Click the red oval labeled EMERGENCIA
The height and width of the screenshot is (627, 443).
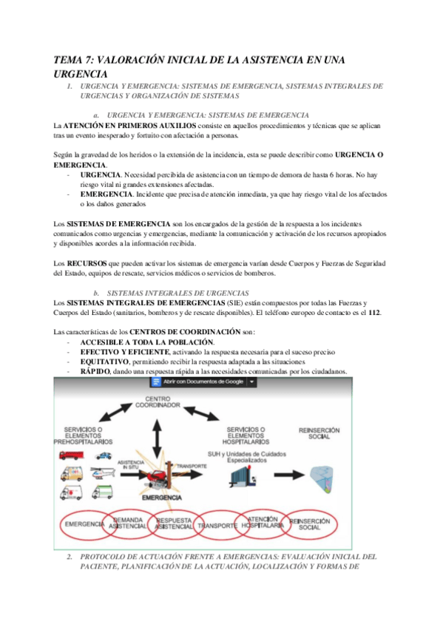point(84,524)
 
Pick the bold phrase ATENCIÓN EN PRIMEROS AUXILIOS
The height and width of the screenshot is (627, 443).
point(121,126)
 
